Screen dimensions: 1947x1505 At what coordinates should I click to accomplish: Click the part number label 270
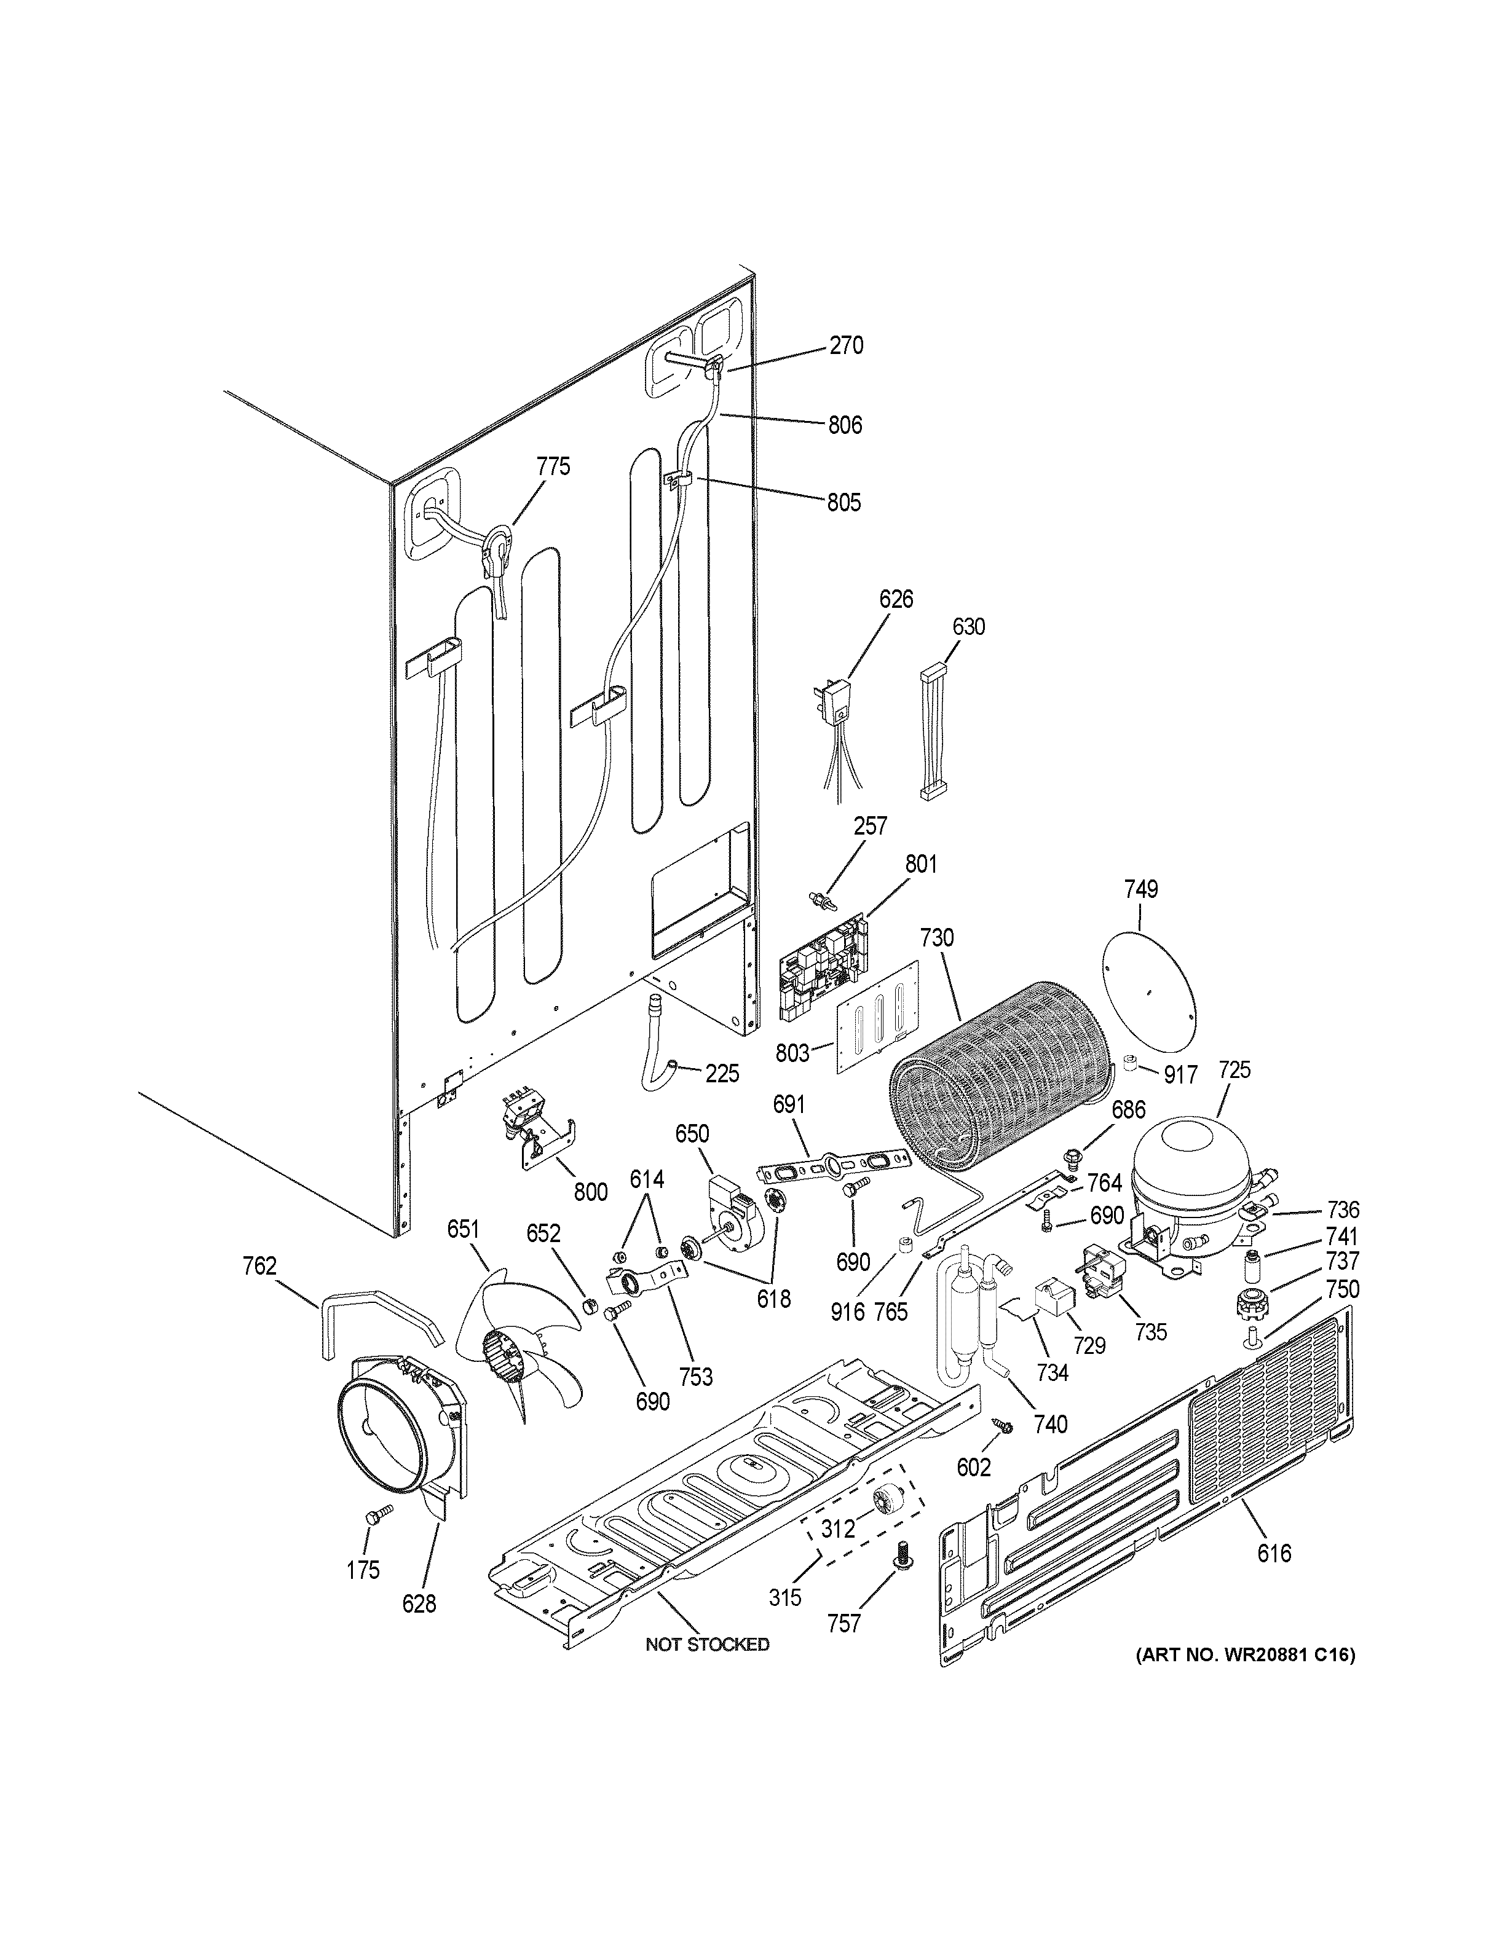pos(846,346)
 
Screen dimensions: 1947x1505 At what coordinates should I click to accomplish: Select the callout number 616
pos(1274,1554)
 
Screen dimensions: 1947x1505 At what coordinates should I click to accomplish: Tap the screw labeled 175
pos(379,1513)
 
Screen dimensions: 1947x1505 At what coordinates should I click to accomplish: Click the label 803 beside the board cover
pos(792,1053)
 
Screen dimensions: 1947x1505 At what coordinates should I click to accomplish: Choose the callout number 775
pos(553,466)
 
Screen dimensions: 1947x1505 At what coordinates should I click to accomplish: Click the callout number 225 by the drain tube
pos(722,1073)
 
